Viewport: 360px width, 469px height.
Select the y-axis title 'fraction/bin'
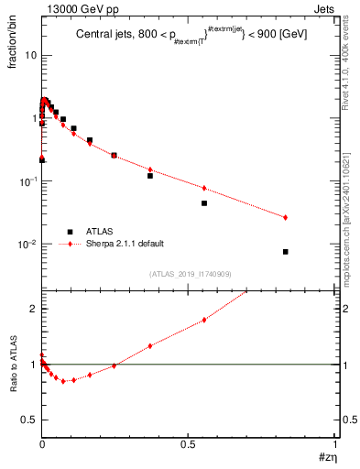click(x=12, y=48)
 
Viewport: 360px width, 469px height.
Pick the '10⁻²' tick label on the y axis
click(x=27, y=245)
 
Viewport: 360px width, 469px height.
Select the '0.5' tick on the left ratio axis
click(x=29, y=420)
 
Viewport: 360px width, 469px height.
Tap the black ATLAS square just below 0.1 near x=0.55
click(x=204, y=203)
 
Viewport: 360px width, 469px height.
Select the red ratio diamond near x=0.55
click(x=204, y=319)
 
